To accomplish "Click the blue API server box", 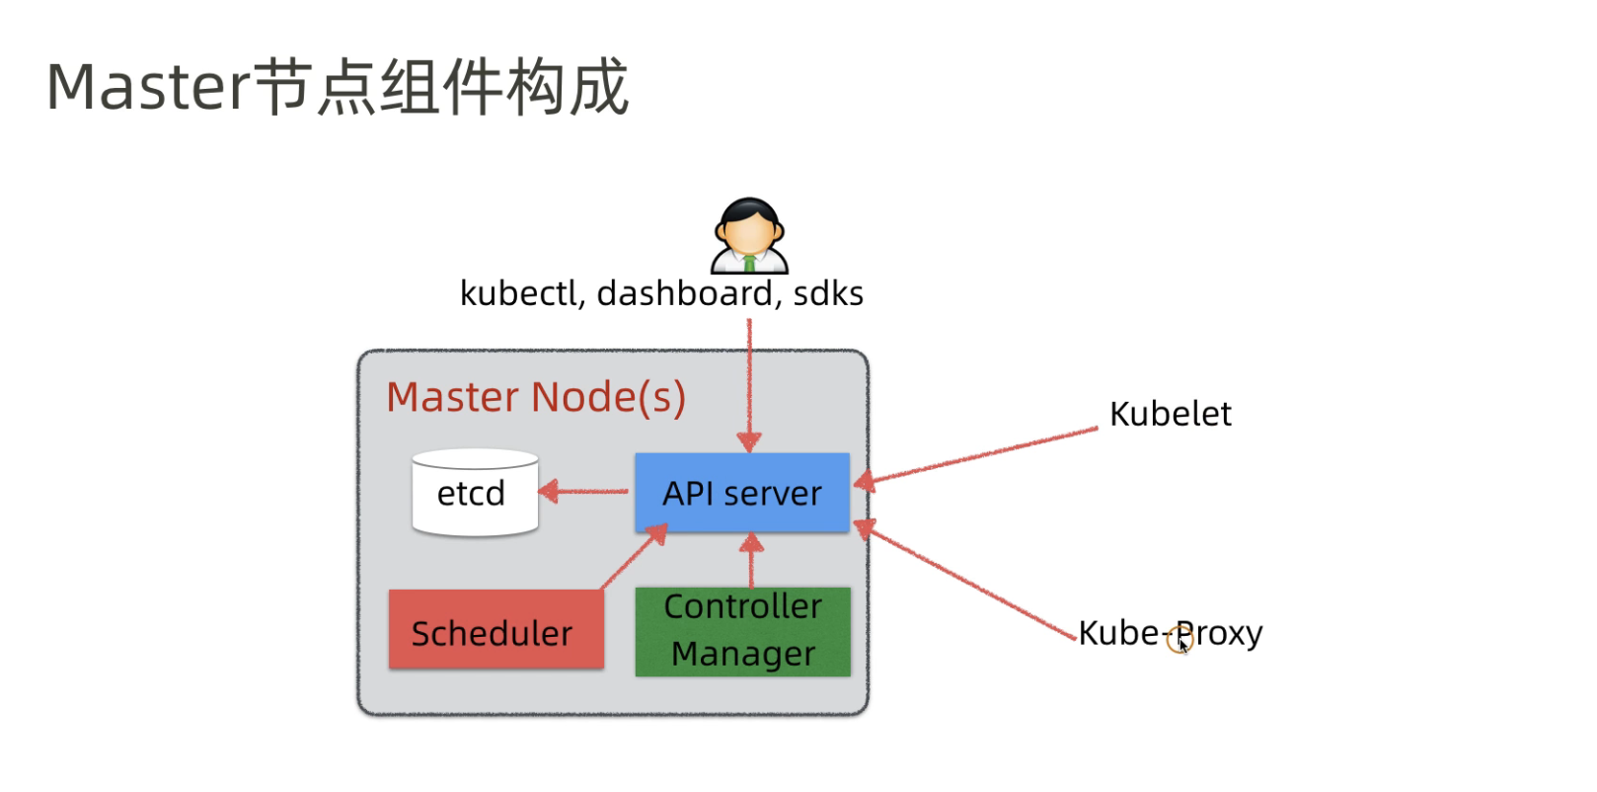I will [x=742, y=493].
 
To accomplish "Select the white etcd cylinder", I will [x=475, y=493].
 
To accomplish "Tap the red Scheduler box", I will [x=495, y=630].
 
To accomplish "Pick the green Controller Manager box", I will [x=742, y=631].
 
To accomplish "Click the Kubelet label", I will [x=1170, y=414].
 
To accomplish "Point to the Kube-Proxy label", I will [x=1170, y=633].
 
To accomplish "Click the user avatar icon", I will [x=749, y=235].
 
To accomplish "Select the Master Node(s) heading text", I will [x=536, y=397].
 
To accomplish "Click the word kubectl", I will [x=518, y=293].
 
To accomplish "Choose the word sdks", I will [x=828, y=293].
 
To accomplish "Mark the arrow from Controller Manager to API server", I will [x=751, y=561].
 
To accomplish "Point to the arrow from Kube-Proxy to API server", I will [x=967, y=581].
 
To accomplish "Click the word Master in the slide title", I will [x=149, y=87].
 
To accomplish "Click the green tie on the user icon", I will [x=749, y=264].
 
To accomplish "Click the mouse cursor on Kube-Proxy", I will [x=1182, y=644].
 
